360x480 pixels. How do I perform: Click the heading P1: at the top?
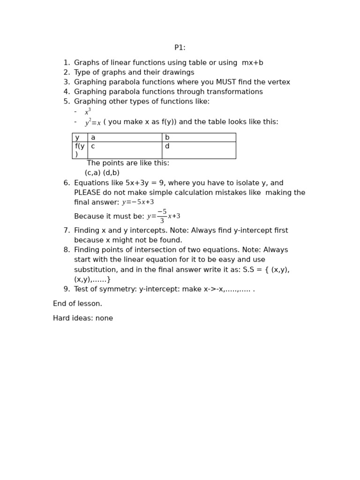[180, 48]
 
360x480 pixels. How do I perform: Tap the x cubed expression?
[88, 112]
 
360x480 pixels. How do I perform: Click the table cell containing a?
[124, 137]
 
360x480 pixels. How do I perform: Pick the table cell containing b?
[198, 137]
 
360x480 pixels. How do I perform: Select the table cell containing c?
[124, 150]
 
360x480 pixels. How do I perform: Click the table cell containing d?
[198, 150]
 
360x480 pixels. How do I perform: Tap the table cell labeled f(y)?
[80, 150]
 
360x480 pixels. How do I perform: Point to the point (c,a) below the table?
[92, 173]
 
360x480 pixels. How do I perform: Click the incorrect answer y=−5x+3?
[138, 202]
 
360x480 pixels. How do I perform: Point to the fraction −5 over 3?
[162, 217]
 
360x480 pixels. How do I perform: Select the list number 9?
[67, 289]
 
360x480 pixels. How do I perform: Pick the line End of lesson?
[77, 304]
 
